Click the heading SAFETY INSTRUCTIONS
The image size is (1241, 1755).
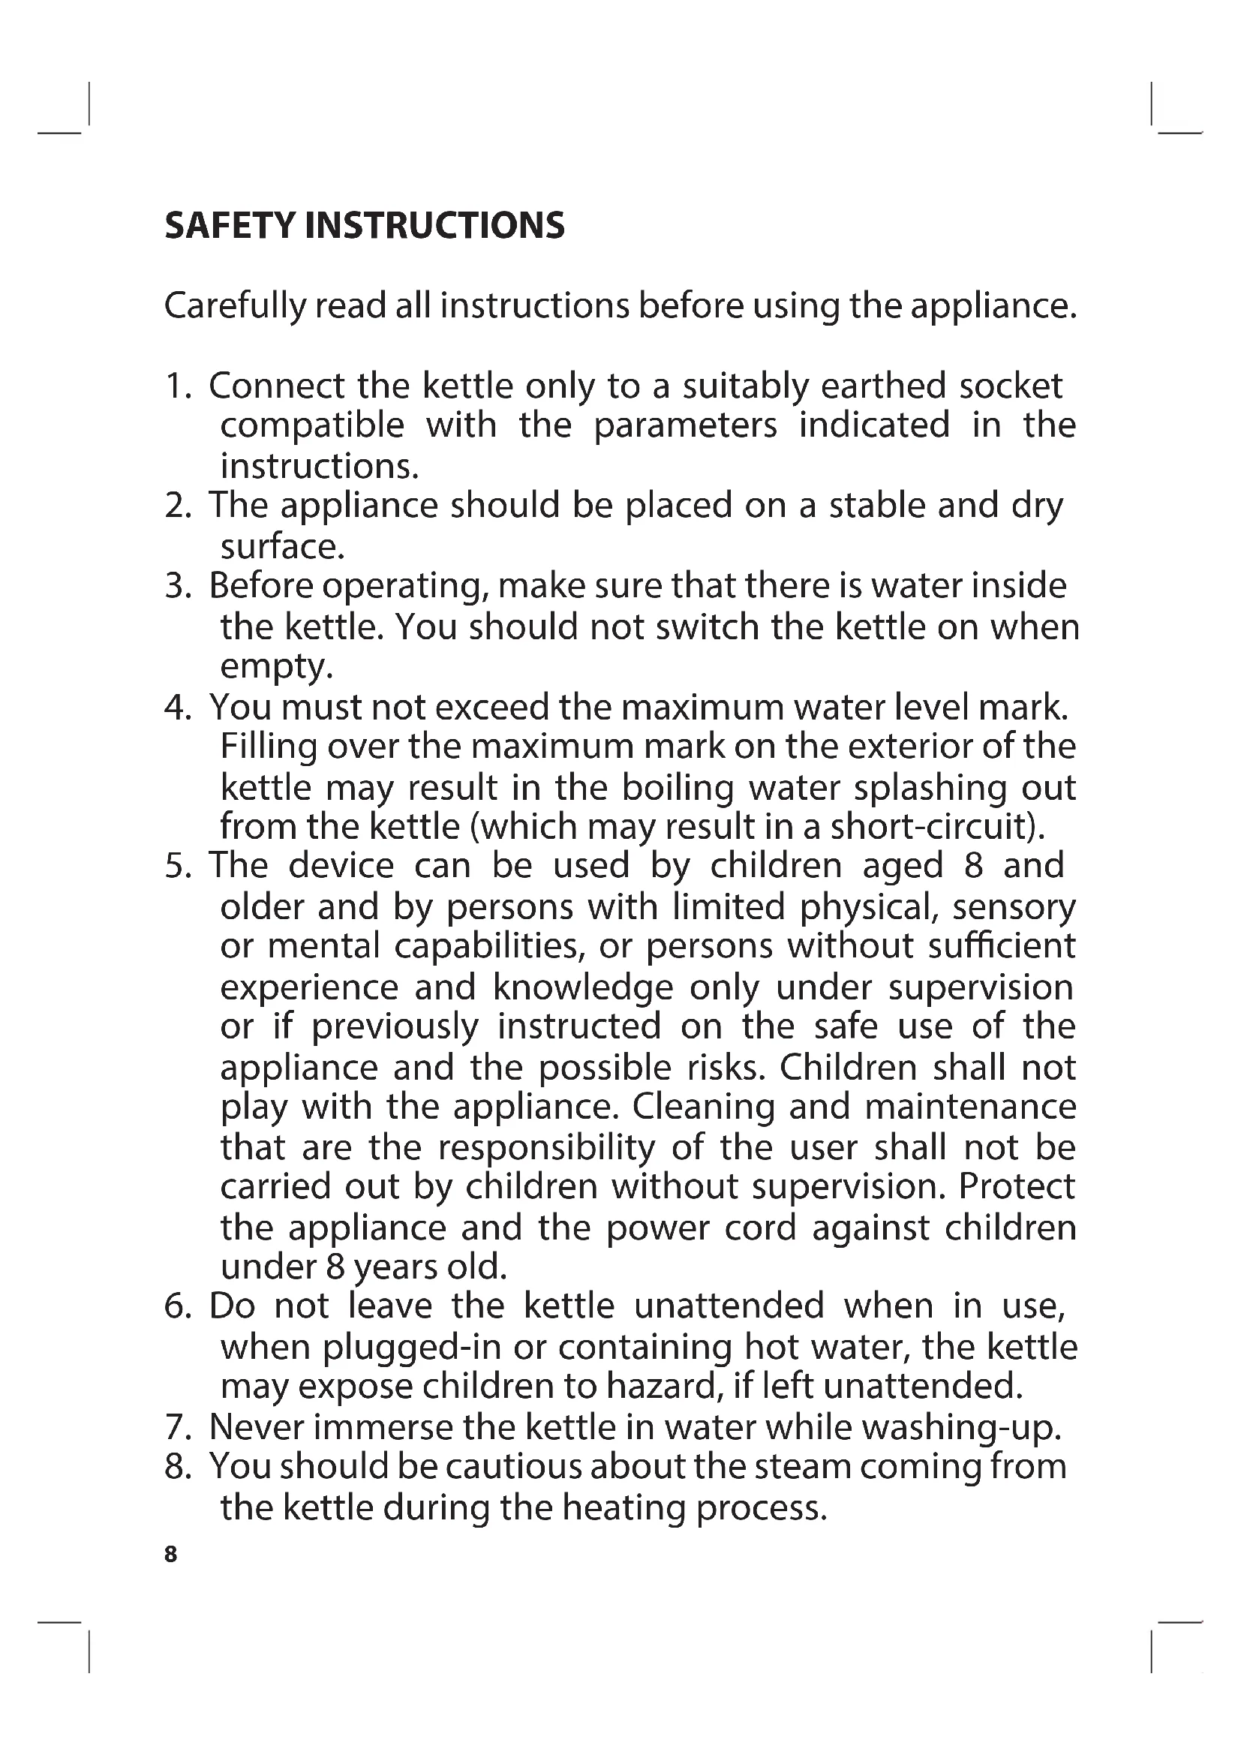pyautogui.click(x=365, y=227)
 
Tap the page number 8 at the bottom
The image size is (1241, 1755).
pyautogui.click(x=170, y=1554)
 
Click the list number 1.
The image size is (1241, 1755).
pyautogui.click(x=176, y=386)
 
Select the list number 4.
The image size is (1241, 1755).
pyautogui.click(x=176, y=707)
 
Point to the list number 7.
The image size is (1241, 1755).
pyautogui.click(x=176, y=1427)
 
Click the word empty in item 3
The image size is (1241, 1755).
pyautogui.click(x=275, y=666)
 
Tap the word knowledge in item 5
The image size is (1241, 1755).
pyautogui.click(x=582, y=987)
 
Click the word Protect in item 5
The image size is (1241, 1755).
pyautogui.click(x=1017, y=1186)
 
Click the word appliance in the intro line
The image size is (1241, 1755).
pyautogui.click(x=992, y=305)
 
